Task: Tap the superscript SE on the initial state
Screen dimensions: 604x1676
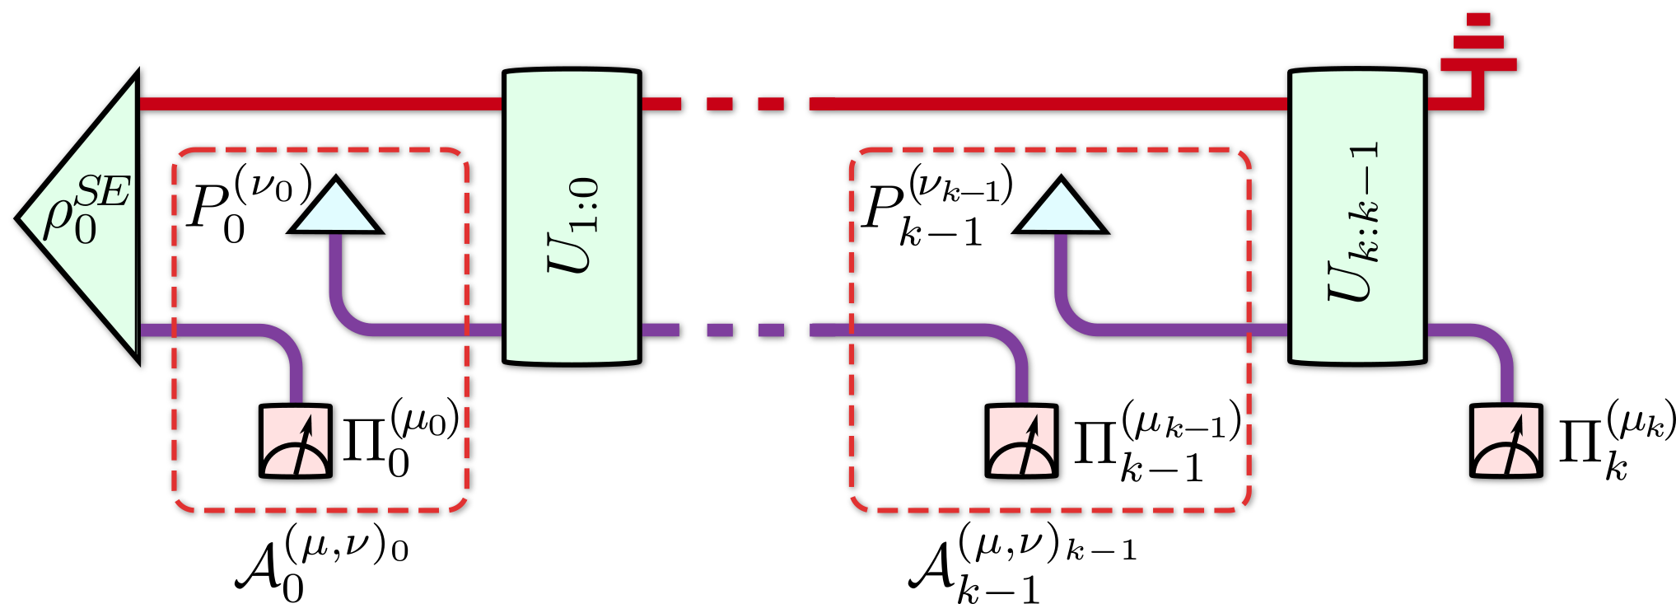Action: [x=102, y=193]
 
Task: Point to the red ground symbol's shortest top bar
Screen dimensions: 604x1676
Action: [x=1478, y=19]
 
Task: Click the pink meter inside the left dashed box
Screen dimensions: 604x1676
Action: [x=296, y=442]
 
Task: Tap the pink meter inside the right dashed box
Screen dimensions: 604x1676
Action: [x=1021, y=442]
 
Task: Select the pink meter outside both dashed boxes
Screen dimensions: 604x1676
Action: [x=1506, y=442]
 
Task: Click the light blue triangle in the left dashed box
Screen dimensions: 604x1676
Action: [x=335, y=209]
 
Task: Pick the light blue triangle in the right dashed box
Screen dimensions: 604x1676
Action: [x=1061, y=209]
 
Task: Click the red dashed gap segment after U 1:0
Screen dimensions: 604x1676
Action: [x=720, y=104]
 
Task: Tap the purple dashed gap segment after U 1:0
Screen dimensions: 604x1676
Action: [x=720, y=330]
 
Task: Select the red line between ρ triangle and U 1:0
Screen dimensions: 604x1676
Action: [x=321, y=104]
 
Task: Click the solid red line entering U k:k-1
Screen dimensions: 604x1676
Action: [x=1046, y=104]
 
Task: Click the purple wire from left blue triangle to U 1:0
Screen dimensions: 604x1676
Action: [x=412, y=330]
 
